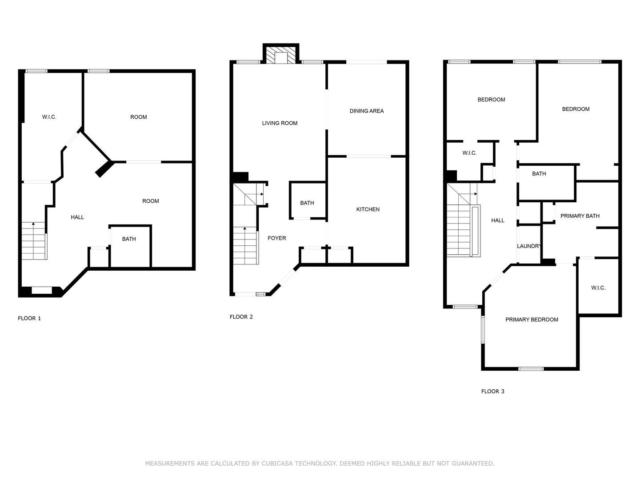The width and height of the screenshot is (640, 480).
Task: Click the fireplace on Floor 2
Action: (281, 54)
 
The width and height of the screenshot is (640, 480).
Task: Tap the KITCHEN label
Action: (368, 209)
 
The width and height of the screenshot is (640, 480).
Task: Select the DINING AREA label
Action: (367, 111)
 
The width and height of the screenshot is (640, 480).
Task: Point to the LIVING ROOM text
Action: (280, 123)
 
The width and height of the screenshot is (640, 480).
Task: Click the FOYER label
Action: (277, 238)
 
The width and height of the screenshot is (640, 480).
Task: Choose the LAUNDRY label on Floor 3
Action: (528, 246)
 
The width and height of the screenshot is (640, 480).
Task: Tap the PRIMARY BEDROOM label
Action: (532, 320)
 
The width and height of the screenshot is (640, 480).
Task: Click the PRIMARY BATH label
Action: (580, 216)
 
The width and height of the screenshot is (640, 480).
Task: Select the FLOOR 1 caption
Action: (29, 318)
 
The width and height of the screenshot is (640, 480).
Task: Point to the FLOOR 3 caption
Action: (492, 392)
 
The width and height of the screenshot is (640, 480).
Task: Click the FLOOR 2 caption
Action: (241, 317)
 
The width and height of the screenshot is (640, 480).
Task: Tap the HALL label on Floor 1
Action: (77, 217)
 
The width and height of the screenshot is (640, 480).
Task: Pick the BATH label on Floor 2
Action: (307, 203)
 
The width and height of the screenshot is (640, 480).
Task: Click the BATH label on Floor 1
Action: (129, 239)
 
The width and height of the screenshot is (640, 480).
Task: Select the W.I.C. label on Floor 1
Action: (49, 117)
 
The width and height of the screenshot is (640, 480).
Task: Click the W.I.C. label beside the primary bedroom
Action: (598, 288)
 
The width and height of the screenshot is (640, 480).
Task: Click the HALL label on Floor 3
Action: (498, 220)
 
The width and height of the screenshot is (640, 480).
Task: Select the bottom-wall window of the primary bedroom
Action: (531, 369)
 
